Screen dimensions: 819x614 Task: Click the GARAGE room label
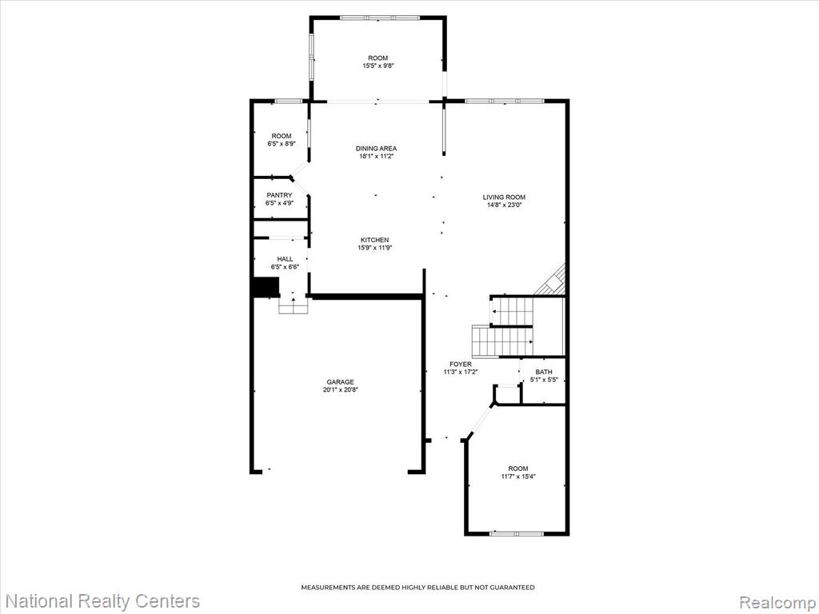pyautogui.click(x=340, y=381)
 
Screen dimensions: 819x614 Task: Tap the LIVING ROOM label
pyautogui.click(x=504, y=197)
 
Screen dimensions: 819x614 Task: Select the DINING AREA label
pyautogui.click(x=376, y=148)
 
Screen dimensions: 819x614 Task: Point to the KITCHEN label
pyautogui.click(x=374, y=240)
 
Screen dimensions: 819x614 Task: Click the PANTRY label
pyautogui.click(x=279, y=195)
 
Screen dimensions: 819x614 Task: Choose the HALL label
pyautogui.click(x=285, y=259)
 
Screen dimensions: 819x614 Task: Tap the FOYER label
pyautogui.click(x=460, y=364)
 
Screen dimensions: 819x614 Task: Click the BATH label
pyautogui.click(x=544, y=372)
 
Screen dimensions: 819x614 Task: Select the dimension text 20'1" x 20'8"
pyautogui.click(x=340, y=389)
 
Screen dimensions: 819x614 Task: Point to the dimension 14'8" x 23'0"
pyautogui.click(x=504, y=205)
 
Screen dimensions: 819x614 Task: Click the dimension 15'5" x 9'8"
pyautogui.click(x=378, y=66)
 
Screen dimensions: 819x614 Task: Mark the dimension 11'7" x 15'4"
pyautogui.click(x=518, y=476)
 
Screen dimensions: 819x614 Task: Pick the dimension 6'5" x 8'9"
pyautogui.click(x=282, y=144)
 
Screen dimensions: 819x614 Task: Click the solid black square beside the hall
pyautogui.click(x=266, y=287)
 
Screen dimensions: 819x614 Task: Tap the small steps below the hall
pyautogui.click(x=294, y=306)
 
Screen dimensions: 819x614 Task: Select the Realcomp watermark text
pyautogui.click(x=777, y=601)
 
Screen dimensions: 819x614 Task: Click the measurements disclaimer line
pyautogui.click(x=417, y=588)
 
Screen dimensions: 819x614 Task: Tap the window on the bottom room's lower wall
pyautogui.click(x=517, y=533)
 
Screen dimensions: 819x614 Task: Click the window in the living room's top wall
pyautogui.click(x=505, y=101)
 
